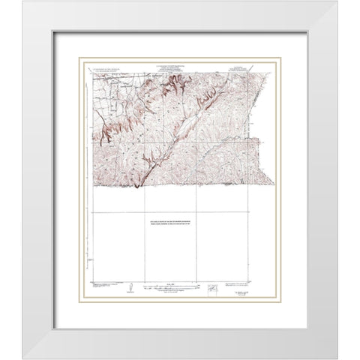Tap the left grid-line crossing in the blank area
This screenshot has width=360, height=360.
coord(140,212)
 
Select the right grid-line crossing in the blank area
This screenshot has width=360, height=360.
coord(196,212)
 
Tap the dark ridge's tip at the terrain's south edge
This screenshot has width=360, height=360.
coord(137,187)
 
